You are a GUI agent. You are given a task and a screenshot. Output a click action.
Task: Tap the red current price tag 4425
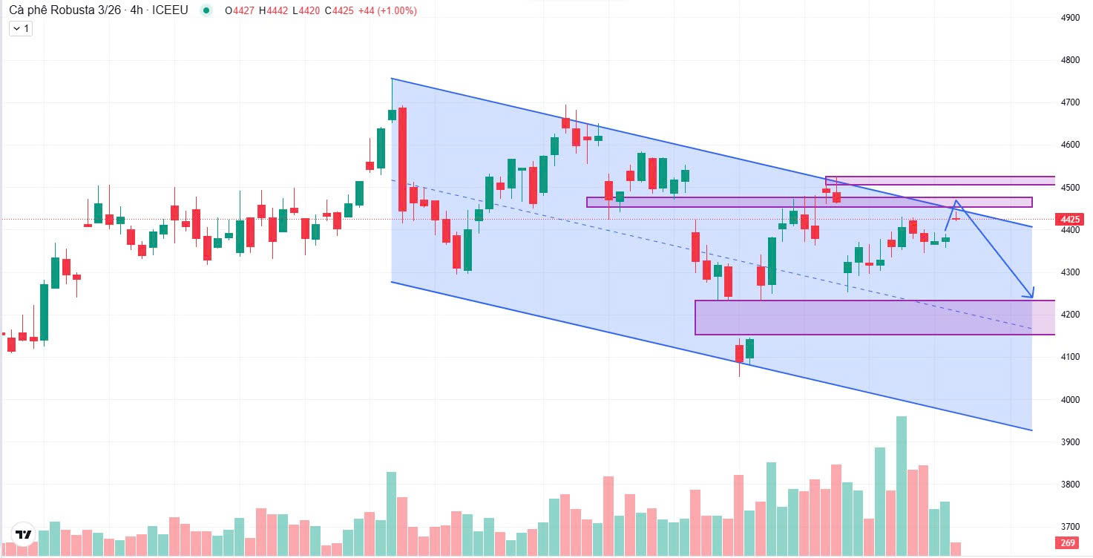tap(1069, 220)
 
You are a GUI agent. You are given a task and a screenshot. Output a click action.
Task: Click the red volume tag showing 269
tap(1069, 542)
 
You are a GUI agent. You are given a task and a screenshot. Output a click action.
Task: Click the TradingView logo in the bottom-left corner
tap(24, 534)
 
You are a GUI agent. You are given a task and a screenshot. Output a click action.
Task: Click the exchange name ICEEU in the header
tap(170, 10)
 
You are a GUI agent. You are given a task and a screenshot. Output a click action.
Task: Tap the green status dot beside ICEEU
tap(206, 11)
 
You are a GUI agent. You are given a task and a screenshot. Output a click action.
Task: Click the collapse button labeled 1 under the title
tap(20, 28)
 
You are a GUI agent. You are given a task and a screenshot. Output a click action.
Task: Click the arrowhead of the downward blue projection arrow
tap(1030, 295)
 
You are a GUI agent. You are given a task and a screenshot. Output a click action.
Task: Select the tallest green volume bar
tap(902, 485)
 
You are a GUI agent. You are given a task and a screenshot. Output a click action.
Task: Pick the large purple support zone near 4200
tap(861, 317)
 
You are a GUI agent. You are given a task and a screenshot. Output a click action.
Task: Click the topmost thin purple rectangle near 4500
tap(939, 180)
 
